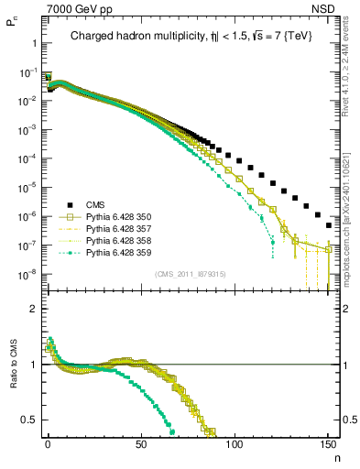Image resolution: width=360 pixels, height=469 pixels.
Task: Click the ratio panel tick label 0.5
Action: [x=30, y=420]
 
